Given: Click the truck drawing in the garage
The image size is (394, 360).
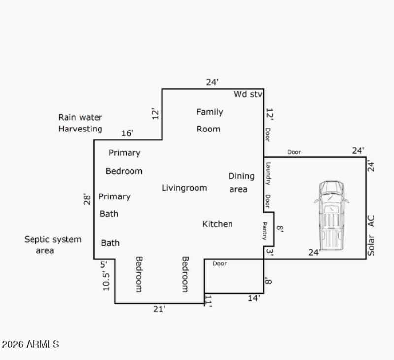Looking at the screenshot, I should [x=331, y=215].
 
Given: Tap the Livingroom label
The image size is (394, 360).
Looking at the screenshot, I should [x=184, y=188].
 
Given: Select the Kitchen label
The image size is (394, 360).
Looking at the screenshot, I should [x=217, y=224].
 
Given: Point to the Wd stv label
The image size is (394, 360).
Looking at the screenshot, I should [x=248, y=94].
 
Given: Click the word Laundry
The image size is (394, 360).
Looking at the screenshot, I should [x=268, y=173].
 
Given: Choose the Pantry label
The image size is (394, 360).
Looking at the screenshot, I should [x=264, y=230].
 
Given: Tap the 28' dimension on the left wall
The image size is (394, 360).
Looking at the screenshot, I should [x=88, y=198].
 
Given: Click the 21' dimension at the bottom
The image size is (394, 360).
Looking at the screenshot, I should [x=159, y=309].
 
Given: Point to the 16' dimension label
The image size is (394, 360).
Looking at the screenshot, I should [x=127, y=133].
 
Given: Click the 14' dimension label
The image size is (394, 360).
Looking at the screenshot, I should [x=254, y=297].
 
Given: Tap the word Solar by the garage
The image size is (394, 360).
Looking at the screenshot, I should [x=371, y=244].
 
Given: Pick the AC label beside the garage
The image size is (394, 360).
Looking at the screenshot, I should [x=371, y=221].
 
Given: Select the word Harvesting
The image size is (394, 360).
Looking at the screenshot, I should [x=80, y=129].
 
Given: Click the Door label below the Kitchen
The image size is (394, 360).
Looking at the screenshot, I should [x=220, y=264].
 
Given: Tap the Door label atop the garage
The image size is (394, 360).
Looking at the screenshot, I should [x=294, y=152].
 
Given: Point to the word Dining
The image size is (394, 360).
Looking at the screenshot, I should [x=241, y=176].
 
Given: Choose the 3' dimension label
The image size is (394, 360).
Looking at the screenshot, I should [x=269, y=252].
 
